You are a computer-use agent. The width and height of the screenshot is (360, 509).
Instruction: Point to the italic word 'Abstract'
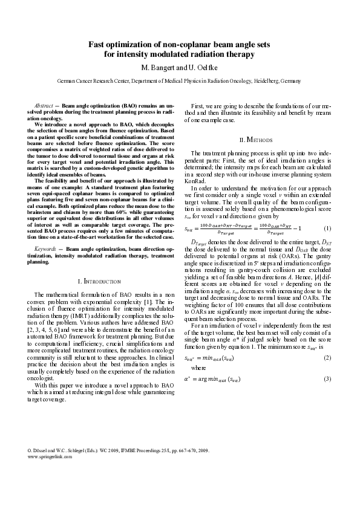click(45, 105)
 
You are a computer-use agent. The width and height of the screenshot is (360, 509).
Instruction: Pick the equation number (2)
click(327, 358)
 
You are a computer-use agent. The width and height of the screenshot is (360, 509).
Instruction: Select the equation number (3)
click(327, 378)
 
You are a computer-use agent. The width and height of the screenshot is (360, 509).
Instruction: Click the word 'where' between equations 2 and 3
click(198, 368)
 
